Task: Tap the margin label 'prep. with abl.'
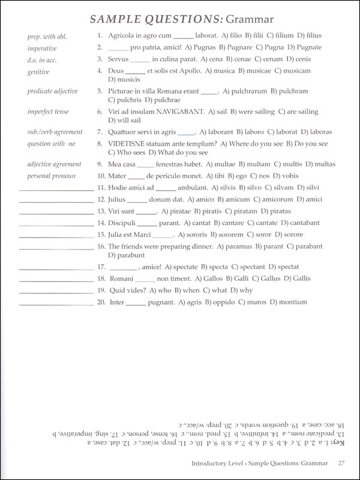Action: [x=47, y=37]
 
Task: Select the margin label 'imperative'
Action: [x=42, y=48]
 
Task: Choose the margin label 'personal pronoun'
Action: [x=50, y=176]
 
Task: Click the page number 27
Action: [x=341, y=462]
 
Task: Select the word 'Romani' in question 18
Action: [x=121, y=278]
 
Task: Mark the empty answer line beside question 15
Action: [x=56, y=236]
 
